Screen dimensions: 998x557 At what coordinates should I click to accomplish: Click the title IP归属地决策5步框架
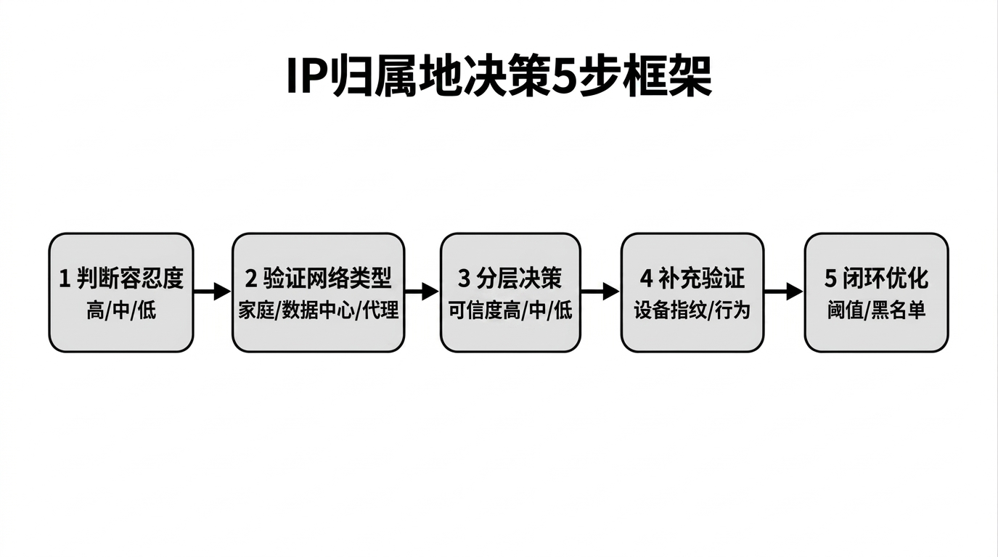click(x=499, y=75)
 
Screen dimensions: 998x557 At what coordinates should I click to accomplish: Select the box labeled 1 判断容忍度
click(x=121, y=292)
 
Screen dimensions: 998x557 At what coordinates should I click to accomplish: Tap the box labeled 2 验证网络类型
click(x=318, y=292)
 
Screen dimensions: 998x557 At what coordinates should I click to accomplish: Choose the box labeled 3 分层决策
click(x=510, y=292)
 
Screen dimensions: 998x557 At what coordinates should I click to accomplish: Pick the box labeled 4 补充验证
click(x=692, y=292)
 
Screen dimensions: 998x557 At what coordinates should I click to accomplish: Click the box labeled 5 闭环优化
click(x=876, y=292)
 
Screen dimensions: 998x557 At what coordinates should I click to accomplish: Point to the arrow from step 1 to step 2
click(x=212, y=292)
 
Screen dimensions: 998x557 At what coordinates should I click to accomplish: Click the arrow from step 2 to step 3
click(x=422, y=292)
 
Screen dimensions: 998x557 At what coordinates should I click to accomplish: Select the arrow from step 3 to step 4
click(x=600, y=292)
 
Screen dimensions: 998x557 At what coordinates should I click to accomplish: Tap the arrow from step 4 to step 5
click(x=784, y=292)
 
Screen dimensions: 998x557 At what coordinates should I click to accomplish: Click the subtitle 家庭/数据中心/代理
click(x=319, y=311)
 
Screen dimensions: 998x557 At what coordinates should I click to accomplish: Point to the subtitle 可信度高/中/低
click(x=510, y=311)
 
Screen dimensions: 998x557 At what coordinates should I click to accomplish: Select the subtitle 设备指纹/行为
click(x=692, y=311)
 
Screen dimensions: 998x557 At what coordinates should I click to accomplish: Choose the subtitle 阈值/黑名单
click(x=876, y=311)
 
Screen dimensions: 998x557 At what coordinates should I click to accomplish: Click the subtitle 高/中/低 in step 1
click(x=121, y=311)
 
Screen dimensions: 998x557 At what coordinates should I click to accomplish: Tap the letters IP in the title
click(x=304, y=75)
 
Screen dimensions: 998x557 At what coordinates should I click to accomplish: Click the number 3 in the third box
click(x=465, y=278)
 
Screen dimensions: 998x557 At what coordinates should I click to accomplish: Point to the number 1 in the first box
click(x=64, y=278)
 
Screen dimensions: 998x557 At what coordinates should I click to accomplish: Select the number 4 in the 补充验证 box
click(x=646, y=278)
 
